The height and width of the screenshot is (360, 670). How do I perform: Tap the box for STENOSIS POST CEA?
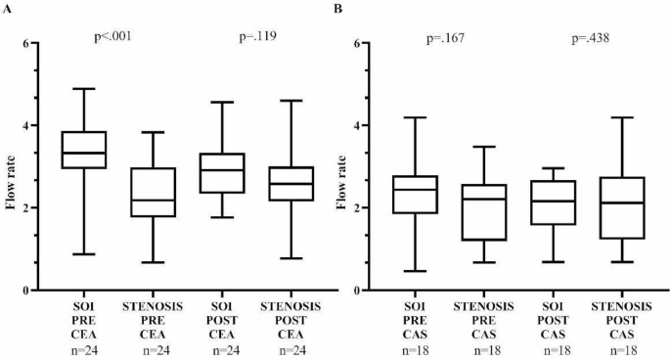(x=292, y=183)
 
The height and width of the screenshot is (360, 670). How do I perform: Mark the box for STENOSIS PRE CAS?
(x=485, y=212)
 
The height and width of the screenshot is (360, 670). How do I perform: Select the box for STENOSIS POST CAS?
(x=621, y=207)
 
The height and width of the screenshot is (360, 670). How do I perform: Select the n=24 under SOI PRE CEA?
(x=84, y=347)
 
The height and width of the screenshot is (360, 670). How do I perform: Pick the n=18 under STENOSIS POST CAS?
(x=621, y=347)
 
